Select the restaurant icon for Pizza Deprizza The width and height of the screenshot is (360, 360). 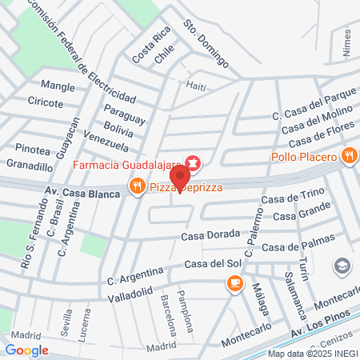point(138,187)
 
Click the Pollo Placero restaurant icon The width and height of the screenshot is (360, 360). point(349,156)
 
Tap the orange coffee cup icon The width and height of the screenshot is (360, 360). point(234,282)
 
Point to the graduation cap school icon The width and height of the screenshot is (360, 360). point(342,265)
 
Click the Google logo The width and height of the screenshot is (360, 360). point(27,350)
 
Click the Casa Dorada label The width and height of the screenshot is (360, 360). point(210,234)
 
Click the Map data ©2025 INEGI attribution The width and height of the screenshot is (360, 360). point(313,353)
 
